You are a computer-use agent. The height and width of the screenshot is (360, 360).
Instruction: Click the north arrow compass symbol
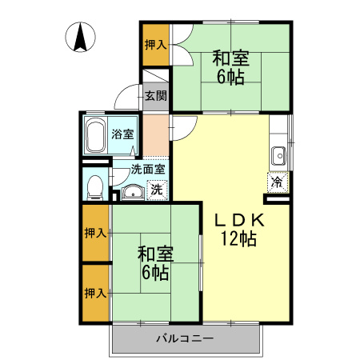[80, 37]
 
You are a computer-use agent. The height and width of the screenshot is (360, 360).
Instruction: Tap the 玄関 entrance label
[156, 95]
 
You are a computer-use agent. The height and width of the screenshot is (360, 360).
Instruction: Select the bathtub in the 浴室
[95, 135]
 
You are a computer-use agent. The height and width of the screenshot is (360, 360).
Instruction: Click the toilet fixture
[95, 187]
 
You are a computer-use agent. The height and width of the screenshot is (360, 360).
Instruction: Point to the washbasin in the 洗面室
[133, 192]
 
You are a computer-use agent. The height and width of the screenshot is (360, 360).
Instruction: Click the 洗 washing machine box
[157, 190]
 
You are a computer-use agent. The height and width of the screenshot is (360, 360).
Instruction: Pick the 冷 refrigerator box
[278, 182]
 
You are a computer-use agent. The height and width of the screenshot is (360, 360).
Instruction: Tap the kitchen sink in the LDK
[278, 156]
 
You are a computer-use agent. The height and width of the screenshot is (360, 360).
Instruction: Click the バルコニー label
[185, 338]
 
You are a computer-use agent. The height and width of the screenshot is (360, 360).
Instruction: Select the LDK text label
[240, 220]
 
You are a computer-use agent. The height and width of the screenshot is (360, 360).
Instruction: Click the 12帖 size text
[238, 238]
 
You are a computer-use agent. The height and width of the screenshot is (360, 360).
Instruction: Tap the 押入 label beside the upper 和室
[156, 44]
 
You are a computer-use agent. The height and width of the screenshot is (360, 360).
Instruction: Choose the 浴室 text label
[122, 134]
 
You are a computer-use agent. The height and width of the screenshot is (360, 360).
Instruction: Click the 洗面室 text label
[148, 170]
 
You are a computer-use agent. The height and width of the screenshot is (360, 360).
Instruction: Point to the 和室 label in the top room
[231, 58]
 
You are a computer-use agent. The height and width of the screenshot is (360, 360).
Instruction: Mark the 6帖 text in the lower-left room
[155, 273]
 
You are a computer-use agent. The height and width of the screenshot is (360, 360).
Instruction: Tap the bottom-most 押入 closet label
[95, 294]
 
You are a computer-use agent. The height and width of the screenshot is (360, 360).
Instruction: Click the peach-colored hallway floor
[156, 135]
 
